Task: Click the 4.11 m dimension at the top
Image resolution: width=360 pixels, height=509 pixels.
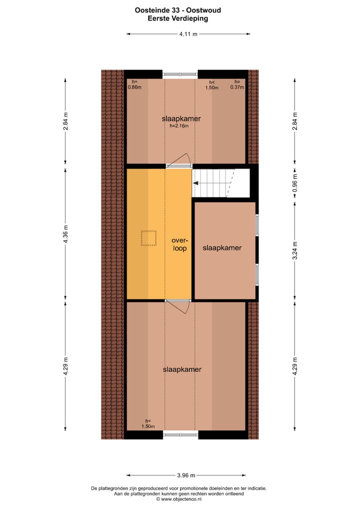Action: [188, 34]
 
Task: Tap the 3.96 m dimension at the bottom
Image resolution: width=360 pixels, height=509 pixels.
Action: [186, 475]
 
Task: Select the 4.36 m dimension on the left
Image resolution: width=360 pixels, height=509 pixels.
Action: [65, 233]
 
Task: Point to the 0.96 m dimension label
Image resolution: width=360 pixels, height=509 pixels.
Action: [295, 182]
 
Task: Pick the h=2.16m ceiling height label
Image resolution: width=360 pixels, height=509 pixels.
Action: [178, 126]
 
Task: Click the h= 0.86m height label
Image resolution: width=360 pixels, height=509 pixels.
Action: [134, 84]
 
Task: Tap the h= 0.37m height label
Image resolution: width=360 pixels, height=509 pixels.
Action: [237, 84]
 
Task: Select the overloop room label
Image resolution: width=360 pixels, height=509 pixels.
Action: [179, 244]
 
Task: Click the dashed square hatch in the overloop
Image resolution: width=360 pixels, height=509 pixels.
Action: [148, 238]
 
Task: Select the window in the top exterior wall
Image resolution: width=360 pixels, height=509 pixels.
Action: [180, 74]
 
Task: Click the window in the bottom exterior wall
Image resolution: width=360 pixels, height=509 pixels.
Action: [180, 435]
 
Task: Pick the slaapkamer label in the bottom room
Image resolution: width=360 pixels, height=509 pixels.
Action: [182, 369]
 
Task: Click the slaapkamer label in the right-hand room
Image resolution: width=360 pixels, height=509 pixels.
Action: [222, 248]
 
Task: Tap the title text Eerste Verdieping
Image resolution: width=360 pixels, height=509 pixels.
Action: [178, 18]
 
